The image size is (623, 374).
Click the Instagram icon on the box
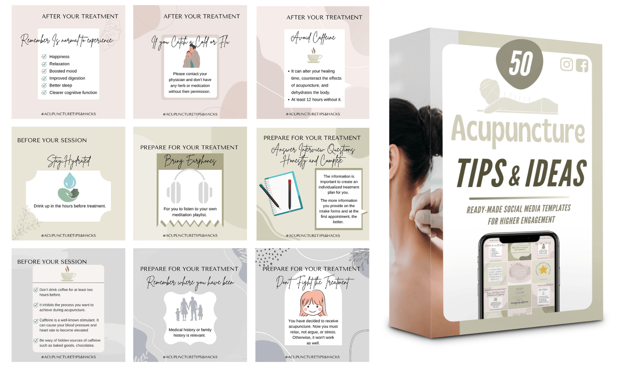point(566,64)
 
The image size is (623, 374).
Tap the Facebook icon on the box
point(582,65)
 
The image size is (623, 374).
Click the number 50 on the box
point(520,63)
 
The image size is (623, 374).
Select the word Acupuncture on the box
point(518,130)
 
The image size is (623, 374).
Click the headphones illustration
point(190,187)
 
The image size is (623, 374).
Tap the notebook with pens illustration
point(281,194)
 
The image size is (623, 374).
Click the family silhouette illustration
point(189,309)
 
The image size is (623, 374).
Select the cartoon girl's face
point(313,303)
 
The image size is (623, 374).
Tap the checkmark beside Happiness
point(44,57)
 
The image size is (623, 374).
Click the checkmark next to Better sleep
point(44,85)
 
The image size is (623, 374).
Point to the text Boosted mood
point(63,71)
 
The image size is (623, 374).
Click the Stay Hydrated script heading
point(69,162)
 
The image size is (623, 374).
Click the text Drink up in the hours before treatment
point(70,206)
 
